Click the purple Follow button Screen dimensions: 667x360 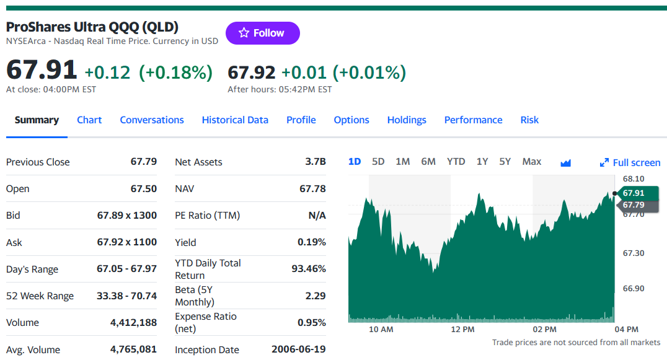tap(262, 33)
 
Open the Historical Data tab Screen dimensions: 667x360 tap(235, 120)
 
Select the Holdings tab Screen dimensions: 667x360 tap(406, 120)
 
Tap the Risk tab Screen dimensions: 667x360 tap(529, 120)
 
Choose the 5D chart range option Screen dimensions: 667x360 tap(378, 162)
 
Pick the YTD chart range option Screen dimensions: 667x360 tap(456, 162)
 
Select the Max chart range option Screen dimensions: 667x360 tap(532, 162)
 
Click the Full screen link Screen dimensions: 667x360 tap(630, 162)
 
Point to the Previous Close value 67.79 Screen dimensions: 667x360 tap(144, 162)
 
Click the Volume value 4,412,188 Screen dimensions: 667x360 tap(133, 323)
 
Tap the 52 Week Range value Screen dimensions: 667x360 tap(126, 296)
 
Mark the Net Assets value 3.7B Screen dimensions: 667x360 tap(315, 162)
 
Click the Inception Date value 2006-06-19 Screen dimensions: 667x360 tap(299, 349)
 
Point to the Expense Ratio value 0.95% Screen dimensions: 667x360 tap(312, 323)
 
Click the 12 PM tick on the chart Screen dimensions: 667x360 tap(462, 330)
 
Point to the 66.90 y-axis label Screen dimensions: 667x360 tap(634, 289)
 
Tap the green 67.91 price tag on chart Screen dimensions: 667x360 tap(637, 193)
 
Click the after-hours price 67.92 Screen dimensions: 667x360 tap(252, 72)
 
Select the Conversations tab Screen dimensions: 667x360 tap(152, 120)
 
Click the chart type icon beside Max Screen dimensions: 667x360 tap(565, 163)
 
